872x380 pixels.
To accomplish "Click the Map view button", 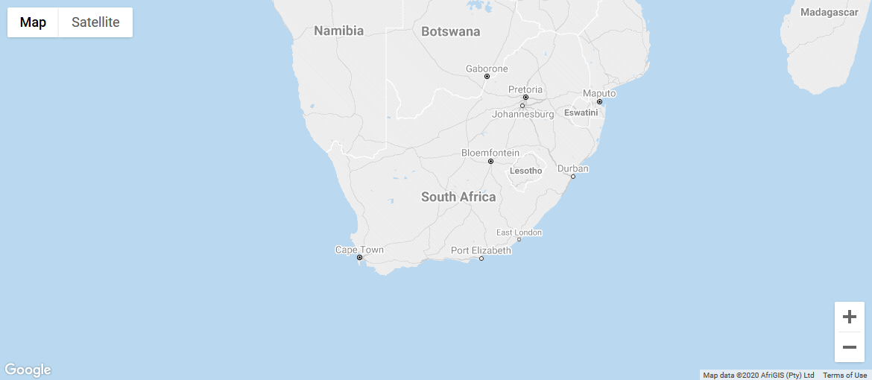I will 33,22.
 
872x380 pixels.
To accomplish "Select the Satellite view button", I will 95,22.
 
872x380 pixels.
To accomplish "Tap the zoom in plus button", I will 849,317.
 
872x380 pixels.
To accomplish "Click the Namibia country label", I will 338,31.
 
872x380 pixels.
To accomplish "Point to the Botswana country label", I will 450,31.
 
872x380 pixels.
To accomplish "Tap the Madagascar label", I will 830,12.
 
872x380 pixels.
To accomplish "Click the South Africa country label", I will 458,197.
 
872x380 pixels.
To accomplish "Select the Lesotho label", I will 525,171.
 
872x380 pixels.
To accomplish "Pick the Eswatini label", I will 581,113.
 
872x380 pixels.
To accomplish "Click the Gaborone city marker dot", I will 487,77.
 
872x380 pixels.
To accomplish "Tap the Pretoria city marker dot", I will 525,98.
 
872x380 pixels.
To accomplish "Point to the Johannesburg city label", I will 523,115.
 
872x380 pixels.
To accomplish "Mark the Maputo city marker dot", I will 599,102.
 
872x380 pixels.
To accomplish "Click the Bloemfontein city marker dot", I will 490,161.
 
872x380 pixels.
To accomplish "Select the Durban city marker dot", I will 573,177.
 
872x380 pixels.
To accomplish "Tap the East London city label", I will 519,232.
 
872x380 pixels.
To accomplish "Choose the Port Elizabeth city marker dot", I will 481,259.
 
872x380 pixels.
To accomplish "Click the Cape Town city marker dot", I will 359,258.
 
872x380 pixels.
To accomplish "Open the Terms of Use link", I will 844,375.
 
